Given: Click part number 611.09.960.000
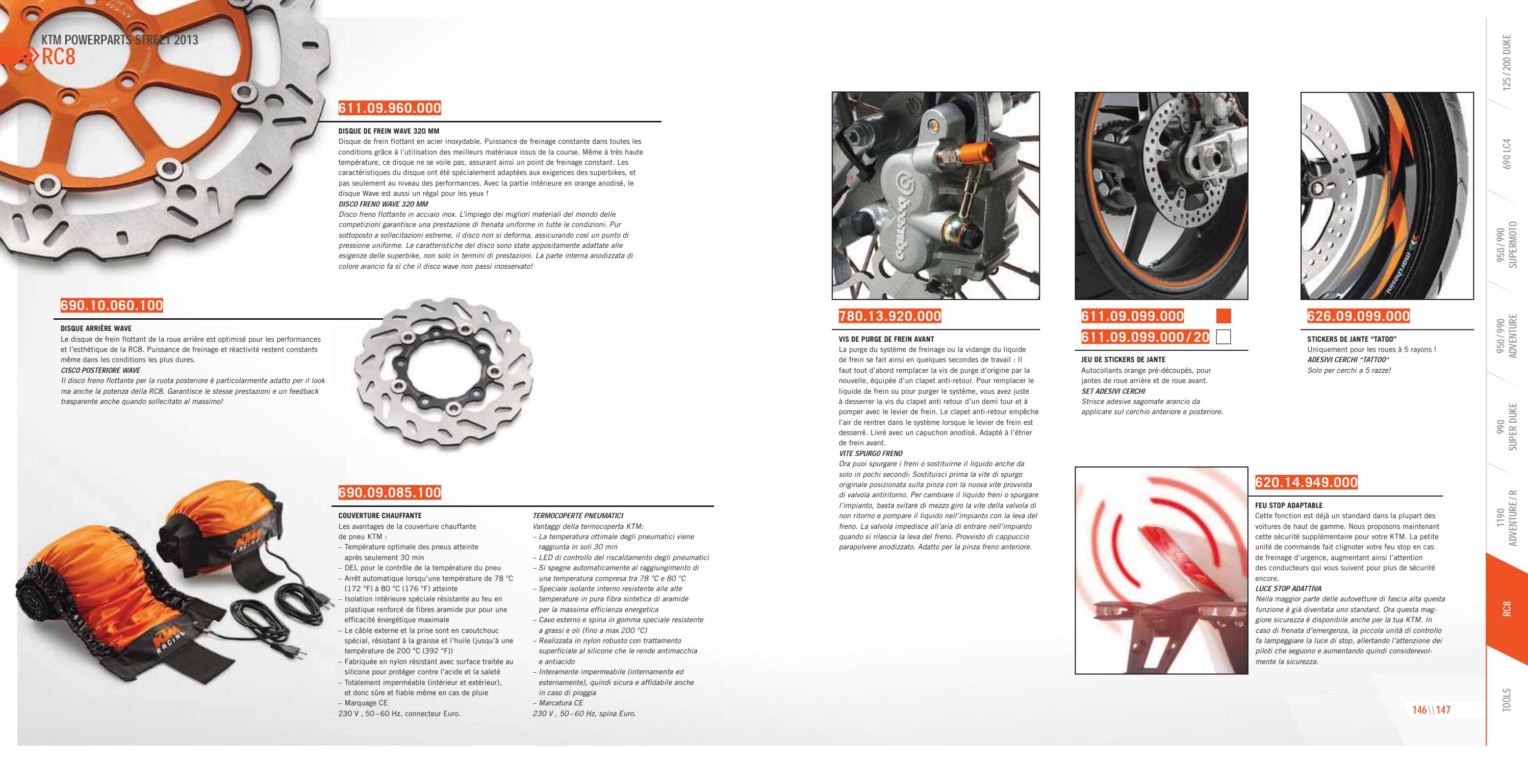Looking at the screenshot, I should [390, 108].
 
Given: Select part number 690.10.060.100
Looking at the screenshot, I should [112, 306].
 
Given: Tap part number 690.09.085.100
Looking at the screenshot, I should [390, 493].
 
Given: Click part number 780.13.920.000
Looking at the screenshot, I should [890, 316].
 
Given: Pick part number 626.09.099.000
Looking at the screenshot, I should [1358, 316].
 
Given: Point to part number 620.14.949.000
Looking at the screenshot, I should [1306, 482].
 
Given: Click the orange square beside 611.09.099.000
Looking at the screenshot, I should [1223, 316].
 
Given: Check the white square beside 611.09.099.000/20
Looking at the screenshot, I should [1223, 337].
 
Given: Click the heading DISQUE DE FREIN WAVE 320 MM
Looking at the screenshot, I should [389, 131].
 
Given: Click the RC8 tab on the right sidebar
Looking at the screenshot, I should [1507, 608].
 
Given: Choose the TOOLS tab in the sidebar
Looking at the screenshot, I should [1507, 700].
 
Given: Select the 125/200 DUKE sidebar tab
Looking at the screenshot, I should [1507, 59].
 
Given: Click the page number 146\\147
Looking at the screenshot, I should [1431, 710].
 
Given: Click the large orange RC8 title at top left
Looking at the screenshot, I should [58, 58].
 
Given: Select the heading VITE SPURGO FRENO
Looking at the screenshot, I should [870, 453].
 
